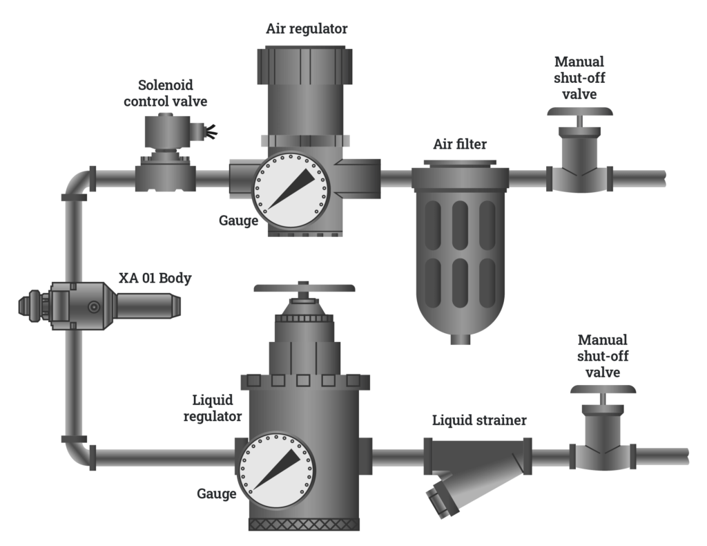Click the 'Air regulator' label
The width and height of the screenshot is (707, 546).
[307, 29]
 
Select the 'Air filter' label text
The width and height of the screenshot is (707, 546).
[460, 144]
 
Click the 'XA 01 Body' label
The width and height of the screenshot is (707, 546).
[155, 279]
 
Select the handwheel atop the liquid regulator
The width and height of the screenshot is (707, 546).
[304, 288]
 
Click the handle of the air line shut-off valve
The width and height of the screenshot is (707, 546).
[579, 112]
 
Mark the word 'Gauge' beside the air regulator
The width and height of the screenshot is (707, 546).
[238, 221]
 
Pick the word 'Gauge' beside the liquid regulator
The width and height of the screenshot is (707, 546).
[216, 493]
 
